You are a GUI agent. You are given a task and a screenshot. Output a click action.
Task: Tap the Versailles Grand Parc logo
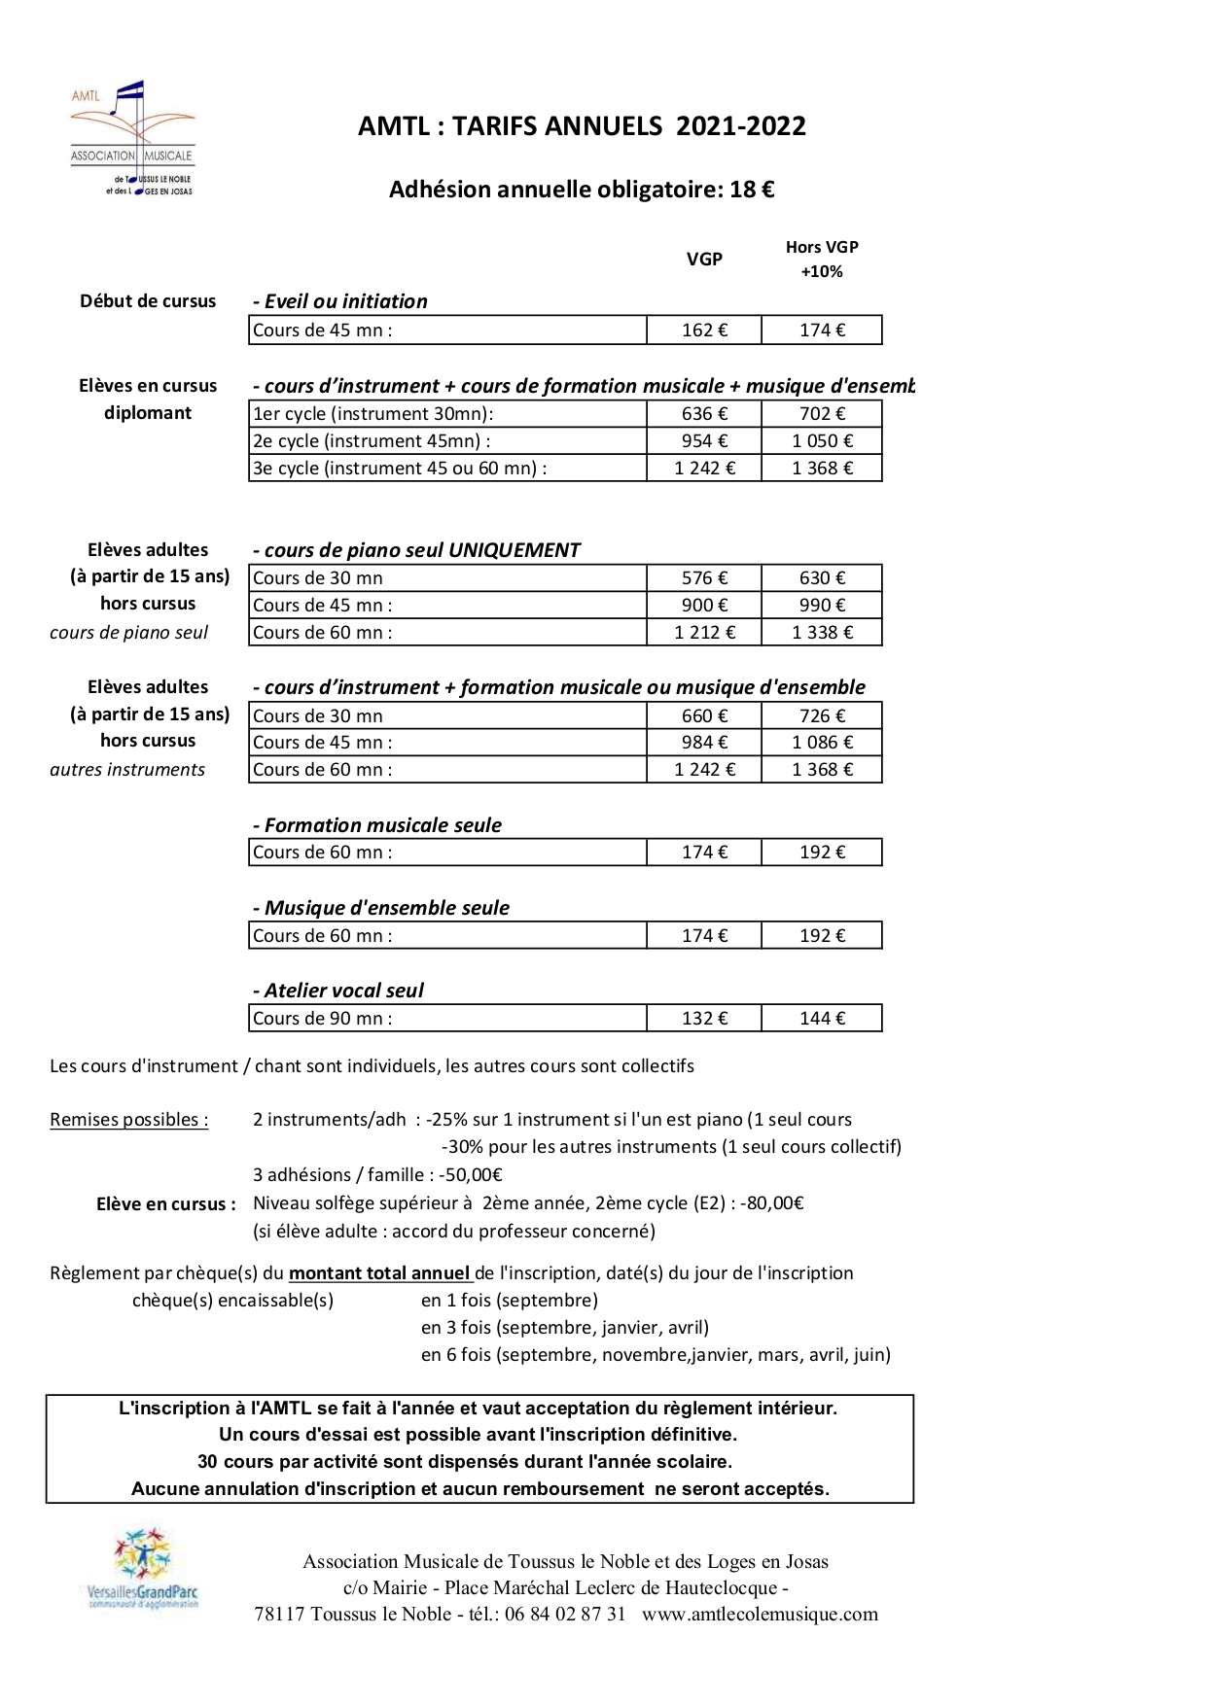pos(142,1569)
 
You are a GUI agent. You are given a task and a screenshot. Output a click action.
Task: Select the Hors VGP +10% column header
pos(822,259)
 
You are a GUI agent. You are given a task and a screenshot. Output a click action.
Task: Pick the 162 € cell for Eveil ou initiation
pos(704,331)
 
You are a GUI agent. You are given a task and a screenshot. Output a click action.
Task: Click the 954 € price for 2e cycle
pos(704,441)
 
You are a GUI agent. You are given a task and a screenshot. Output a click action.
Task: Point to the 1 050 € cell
pos(822,441)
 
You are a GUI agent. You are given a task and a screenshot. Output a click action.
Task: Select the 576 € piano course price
pos(704,578)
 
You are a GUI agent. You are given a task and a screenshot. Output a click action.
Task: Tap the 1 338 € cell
pos(822,633)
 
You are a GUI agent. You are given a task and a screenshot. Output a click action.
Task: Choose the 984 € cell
pos(704,743)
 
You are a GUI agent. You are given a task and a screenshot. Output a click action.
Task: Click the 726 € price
pos(822,716)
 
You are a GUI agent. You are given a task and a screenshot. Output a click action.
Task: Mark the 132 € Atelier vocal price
pos(704,1019)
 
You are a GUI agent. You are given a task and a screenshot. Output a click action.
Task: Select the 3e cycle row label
pos(400,469)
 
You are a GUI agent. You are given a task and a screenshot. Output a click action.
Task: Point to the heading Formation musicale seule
pos(377,825)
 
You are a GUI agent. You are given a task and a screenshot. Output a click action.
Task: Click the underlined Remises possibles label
pos(128,1120)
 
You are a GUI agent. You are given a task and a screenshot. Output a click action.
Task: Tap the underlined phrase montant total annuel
pos(380,1273)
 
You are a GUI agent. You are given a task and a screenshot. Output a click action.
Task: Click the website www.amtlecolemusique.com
pos(760,1615)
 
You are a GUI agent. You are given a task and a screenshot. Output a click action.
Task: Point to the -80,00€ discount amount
pos(772,1203)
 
